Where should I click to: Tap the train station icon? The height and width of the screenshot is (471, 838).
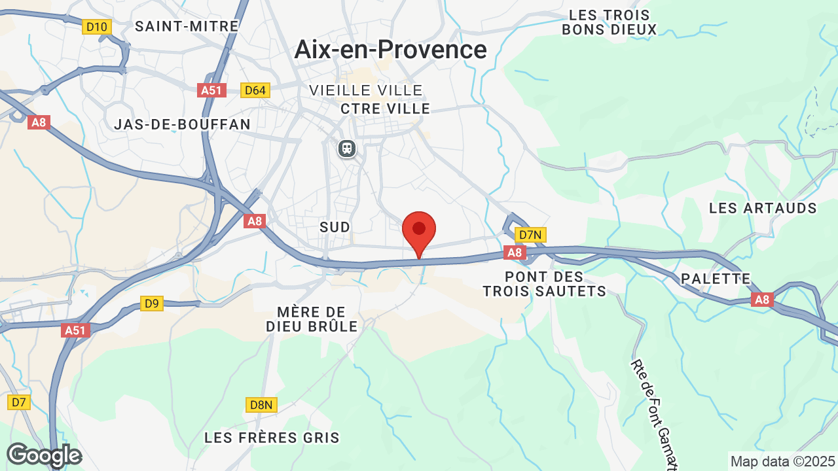pyautogui.click(x=347, y=148)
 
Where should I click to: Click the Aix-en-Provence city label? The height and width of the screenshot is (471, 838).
pyautogui.click(x=391, y=50)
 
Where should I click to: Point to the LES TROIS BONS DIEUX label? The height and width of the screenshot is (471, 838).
pyautogui.click(x=609, y=22)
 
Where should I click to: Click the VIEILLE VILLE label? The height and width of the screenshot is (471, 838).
pyautogui.click(x=366, y=90)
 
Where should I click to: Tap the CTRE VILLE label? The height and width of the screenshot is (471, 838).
pyautogui.click(x=386, y=109)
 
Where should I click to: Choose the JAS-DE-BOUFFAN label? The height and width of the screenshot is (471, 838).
pyautogui.click(x=182, y=124)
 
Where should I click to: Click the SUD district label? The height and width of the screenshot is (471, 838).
pyautogui.click(x=335, y=226)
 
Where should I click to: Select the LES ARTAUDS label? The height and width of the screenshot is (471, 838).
pyautogui.click(x=763, y=208)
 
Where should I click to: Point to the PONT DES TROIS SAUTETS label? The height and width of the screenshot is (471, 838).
pyautogui.click(x=545, y=284)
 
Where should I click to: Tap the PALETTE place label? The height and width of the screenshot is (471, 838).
pyautogui.click(x=716, y=279)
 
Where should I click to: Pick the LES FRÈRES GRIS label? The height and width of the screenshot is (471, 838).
pyautogui.click(x=272, y=438)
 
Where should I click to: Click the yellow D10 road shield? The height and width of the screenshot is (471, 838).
pyautogui.click(x=97, y=27)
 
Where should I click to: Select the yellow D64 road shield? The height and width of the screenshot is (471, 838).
pyautogui.click(x=254, y=90)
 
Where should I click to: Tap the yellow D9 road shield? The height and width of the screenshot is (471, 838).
pyautogui.click(x=151, y=304)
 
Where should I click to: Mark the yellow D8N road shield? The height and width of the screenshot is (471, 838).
pyautogui.click(x=261, y=405)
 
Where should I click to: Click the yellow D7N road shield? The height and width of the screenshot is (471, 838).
pyautogui.click(x=530, y=235)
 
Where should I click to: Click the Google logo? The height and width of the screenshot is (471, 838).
pyautogui.click(x=44, y=455)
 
